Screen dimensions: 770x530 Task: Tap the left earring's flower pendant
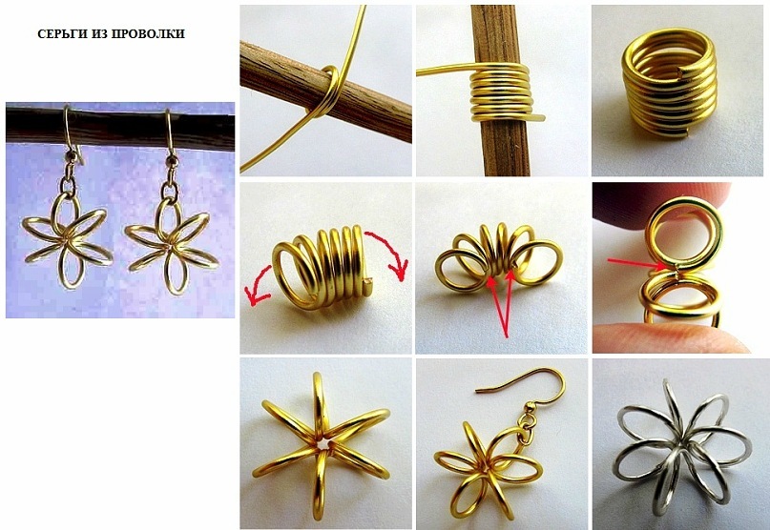pyautogui.click(x=68, y=240)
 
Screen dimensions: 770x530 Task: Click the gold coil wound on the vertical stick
pyautogui.click(x=501, y=93)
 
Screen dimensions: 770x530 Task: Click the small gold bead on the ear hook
pyautogui.click(x=530, y=407)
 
